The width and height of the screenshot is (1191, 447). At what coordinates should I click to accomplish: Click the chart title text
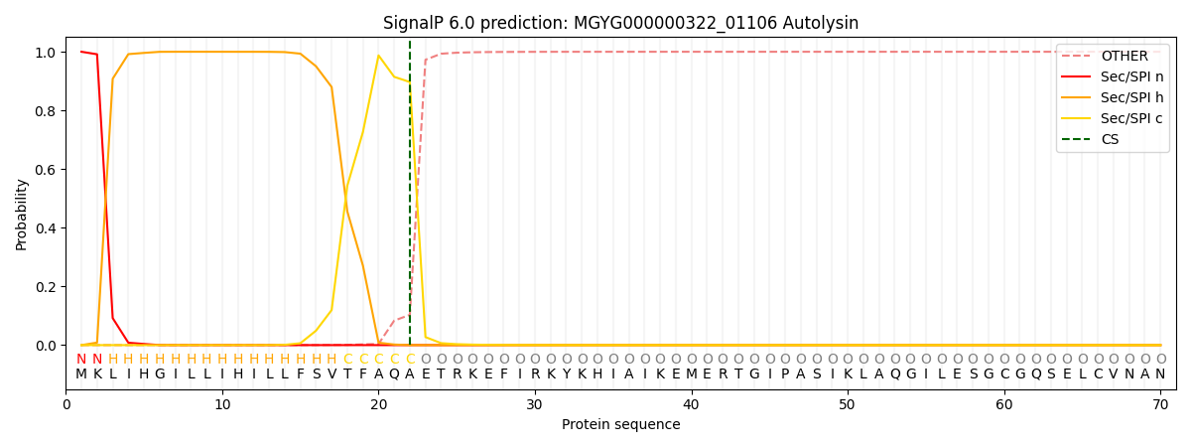(x=620, y=23)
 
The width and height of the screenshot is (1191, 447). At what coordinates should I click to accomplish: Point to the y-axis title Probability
(x=22, y=214)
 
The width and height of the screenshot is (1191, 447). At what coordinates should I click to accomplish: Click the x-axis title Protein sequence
(x=620, y=425)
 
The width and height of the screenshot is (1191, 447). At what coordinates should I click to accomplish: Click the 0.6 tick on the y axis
(x=46, y=170)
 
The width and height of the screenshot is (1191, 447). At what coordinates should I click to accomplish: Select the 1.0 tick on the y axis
(x=46, y=53)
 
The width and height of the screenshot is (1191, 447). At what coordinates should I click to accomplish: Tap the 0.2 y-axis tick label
(x=46, y=287)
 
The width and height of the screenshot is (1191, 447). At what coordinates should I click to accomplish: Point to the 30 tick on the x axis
(x=534, y=405)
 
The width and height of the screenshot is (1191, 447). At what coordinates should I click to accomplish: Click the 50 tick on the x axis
(x=847, y=405)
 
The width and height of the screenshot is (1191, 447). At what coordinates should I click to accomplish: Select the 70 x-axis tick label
(x=1159, y=405)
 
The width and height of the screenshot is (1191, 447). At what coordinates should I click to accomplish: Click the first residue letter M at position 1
(x=81, y=374)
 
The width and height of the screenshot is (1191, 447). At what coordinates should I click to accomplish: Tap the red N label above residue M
(x=81, y=360)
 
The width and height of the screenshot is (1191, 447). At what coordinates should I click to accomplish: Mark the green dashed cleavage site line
(x=410, y=199)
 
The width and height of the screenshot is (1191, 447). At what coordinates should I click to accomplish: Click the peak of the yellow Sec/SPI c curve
(x=378, y=56)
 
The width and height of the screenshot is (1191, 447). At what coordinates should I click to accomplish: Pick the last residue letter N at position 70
(x=1159, y=374)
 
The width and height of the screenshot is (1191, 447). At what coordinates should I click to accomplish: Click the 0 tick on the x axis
(x=66, y=405)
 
